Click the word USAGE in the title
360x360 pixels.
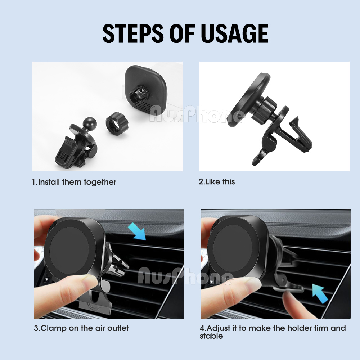(x=234, y=33)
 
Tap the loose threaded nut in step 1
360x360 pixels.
(x=117, y=123)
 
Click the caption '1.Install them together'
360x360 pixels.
(x=74, y=182)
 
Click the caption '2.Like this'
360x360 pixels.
(x=217, y=181)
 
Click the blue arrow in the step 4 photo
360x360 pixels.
(x=320, y=293)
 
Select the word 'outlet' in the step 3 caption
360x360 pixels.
(x=118, y=328)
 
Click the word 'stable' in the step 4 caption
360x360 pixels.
(x=211, y=336)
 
